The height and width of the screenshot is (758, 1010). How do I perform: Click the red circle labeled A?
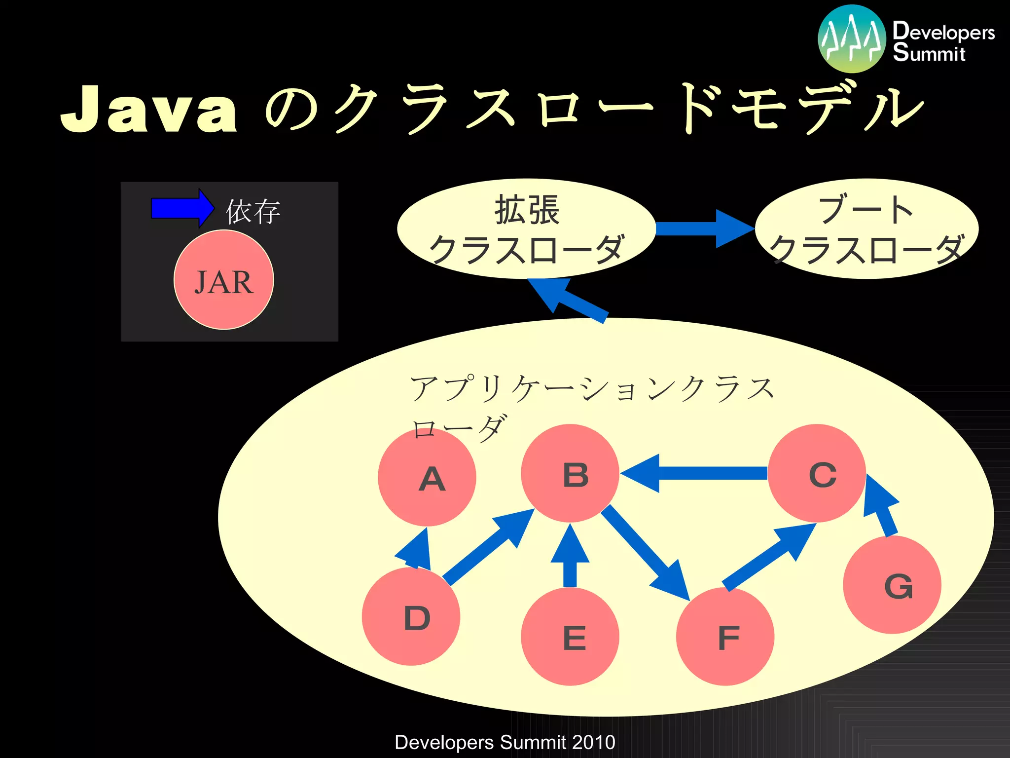coord(427,477)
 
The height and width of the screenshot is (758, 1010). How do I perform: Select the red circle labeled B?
coord(570,473)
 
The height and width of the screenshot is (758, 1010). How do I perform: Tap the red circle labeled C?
coord(817,473)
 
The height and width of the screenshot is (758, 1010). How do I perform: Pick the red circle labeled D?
coord(411,616)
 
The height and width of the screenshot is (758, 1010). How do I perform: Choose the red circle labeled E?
coord(570,636)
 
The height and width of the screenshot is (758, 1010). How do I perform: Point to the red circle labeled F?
coord(725,636)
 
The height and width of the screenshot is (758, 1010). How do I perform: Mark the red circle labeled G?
coord(892,585)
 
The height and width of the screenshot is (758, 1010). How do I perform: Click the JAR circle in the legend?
coord(224,280)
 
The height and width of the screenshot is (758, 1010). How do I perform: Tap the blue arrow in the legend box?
coord(181,208)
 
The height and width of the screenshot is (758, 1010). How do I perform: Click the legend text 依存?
coord(253,212)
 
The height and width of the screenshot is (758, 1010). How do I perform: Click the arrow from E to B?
coord(570,558)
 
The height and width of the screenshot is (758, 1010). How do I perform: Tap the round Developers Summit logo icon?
coord(852,38)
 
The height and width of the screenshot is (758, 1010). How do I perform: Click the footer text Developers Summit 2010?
coord(505,742)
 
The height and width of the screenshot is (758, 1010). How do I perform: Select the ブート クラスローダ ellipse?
coord(866,228)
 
